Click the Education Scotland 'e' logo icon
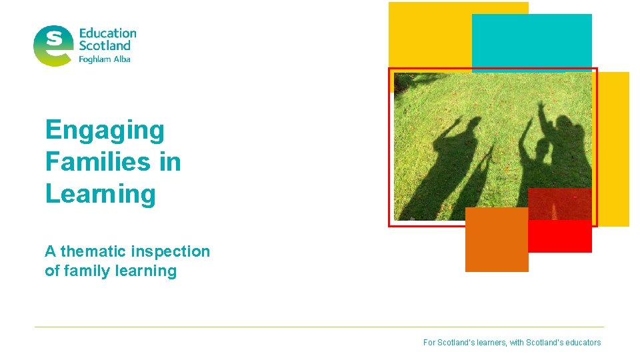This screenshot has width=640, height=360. coord(53,45)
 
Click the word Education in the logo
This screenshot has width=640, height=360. coord(107,33)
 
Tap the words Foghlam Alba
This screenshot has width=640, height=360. coord(105,59)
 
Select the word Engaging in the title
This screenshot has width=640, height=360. coord(105,130)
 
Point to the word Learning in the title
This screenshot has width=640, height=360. coord(101,193)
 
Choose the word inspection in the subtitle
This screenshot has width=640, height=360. coord(171,251)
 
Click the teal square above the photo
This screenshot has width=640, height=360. coord(531,41)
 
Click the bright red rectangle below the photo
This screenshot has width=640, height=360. coord(560,236)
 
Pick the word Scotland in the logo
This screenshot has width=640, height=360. coord(105,46)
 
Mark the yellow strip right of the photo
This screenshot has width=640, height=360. coord(613,147)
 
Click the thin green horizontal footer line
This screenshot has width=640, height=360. coord(320,327)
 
